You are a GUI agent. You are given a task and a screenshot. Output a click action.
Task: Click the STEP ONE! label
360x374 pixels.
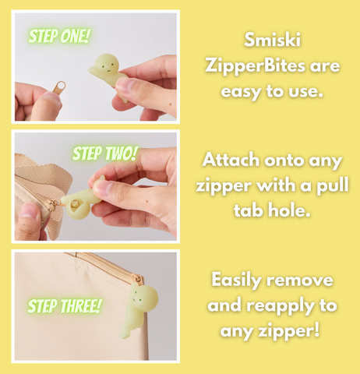click(59, 36)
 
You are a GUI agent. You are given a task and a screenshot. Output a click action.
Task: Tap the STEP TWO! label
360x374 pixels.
click(104, 153)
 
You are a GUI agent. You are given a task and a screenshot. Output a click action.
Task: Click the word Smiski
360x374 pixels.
click(270, 40)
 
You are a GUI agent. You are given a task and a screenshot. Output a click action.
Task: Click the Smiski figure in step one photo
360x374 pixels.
click(108, 74)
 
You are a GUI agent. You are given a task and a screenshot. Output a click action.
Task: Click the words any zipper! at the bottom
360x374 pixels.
click(271, 331)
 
